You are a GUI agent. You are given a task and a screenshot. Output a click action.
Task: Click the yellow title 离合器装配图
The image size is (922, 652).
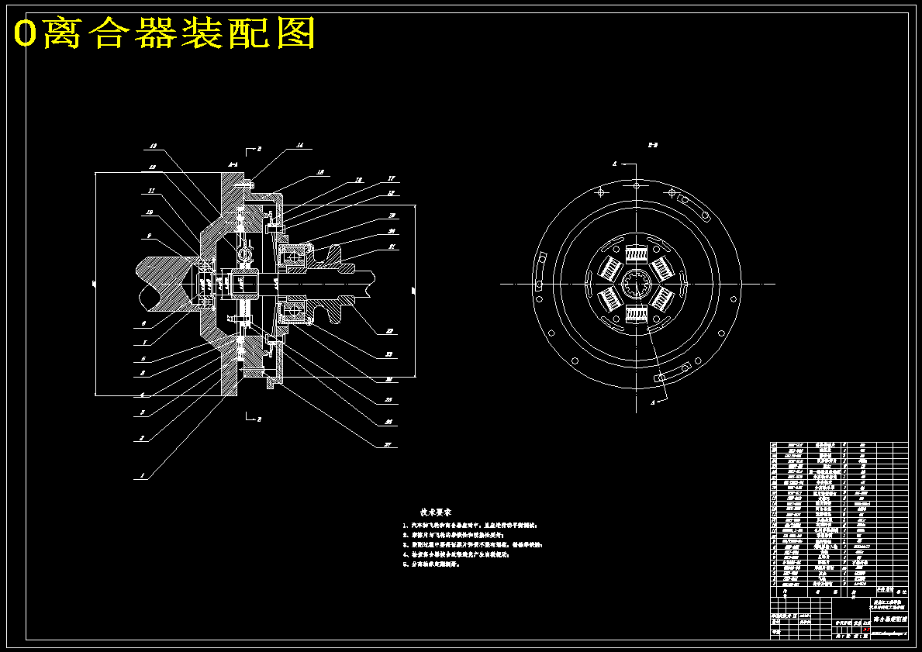[x=165, y=33]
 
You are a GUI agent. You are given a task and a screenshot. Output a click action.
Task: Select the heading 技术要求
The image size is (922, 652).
[x=435, y=512]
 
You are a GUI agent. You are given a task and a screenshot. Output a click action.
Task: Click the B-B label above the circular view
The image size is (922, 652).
[x=653, y=144]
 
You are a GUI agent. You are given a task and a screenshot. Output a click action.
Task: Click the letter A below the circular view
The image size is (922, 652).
[x=653, y=402]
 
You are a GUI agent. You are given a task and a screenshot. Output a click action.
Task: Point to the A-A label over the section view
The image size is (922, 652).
[x=232, y=164]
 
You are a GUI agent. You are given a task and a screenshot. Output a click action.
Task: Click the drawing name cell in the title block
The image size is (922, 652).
[x=889, y=619]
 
